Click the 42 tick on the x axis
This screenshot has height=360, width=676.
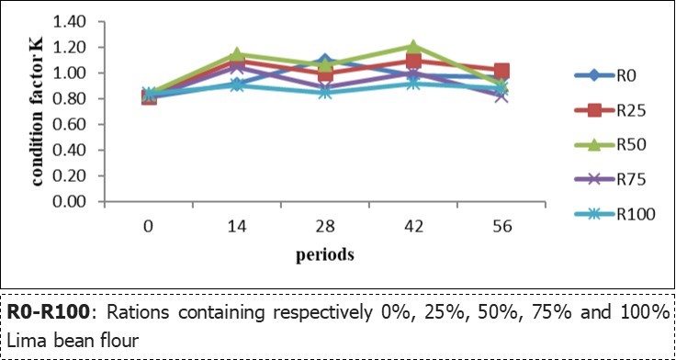413,223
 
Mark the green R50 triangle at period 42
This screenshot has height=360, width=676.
413,46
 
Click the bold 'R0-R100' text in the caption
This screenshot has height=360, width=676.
48,312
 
